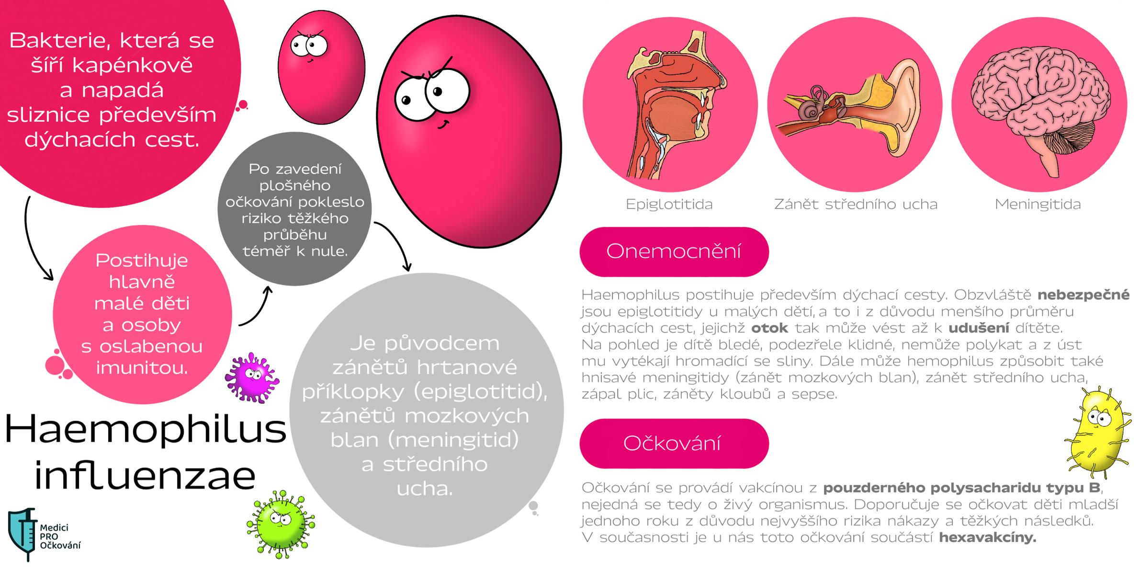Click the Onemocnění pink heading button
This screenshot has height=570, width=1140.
coord(674,251)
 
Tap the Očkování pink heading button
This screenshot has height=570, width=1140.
coord(674,443)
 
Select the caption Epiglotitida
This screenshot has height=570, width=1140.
coord(669,205)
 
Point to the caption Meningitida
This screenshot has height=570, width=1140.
coord(1038,205)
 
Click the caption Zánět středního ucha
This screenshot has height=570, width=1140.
coord(856,205)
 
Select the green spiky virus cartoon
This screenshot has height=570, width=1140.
coord(281,523)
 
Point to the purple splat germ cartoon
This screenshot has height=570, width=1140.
coord(252,378)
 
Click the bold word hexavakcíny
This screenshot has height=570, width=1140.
coord(987,537)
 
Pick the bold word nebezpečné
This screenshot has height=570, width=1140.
coord(1083,295)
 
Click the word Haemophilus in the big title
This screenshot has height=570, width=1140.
coord(146,429)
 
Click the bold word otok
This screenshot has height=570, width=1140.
coord(769,328)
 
